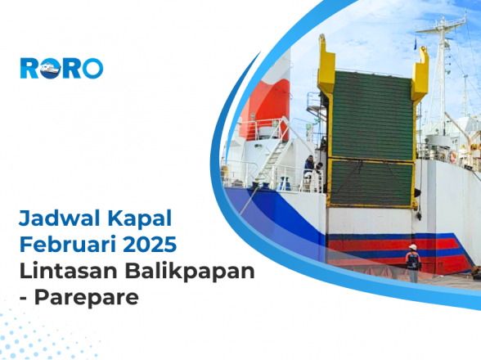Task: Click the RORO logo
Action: [61, 68]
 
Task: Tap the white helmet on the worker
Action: [413, 246]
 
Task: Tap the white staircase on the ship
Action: [270, 160]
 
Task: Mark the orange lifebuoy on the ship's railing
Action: [452, 155]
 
